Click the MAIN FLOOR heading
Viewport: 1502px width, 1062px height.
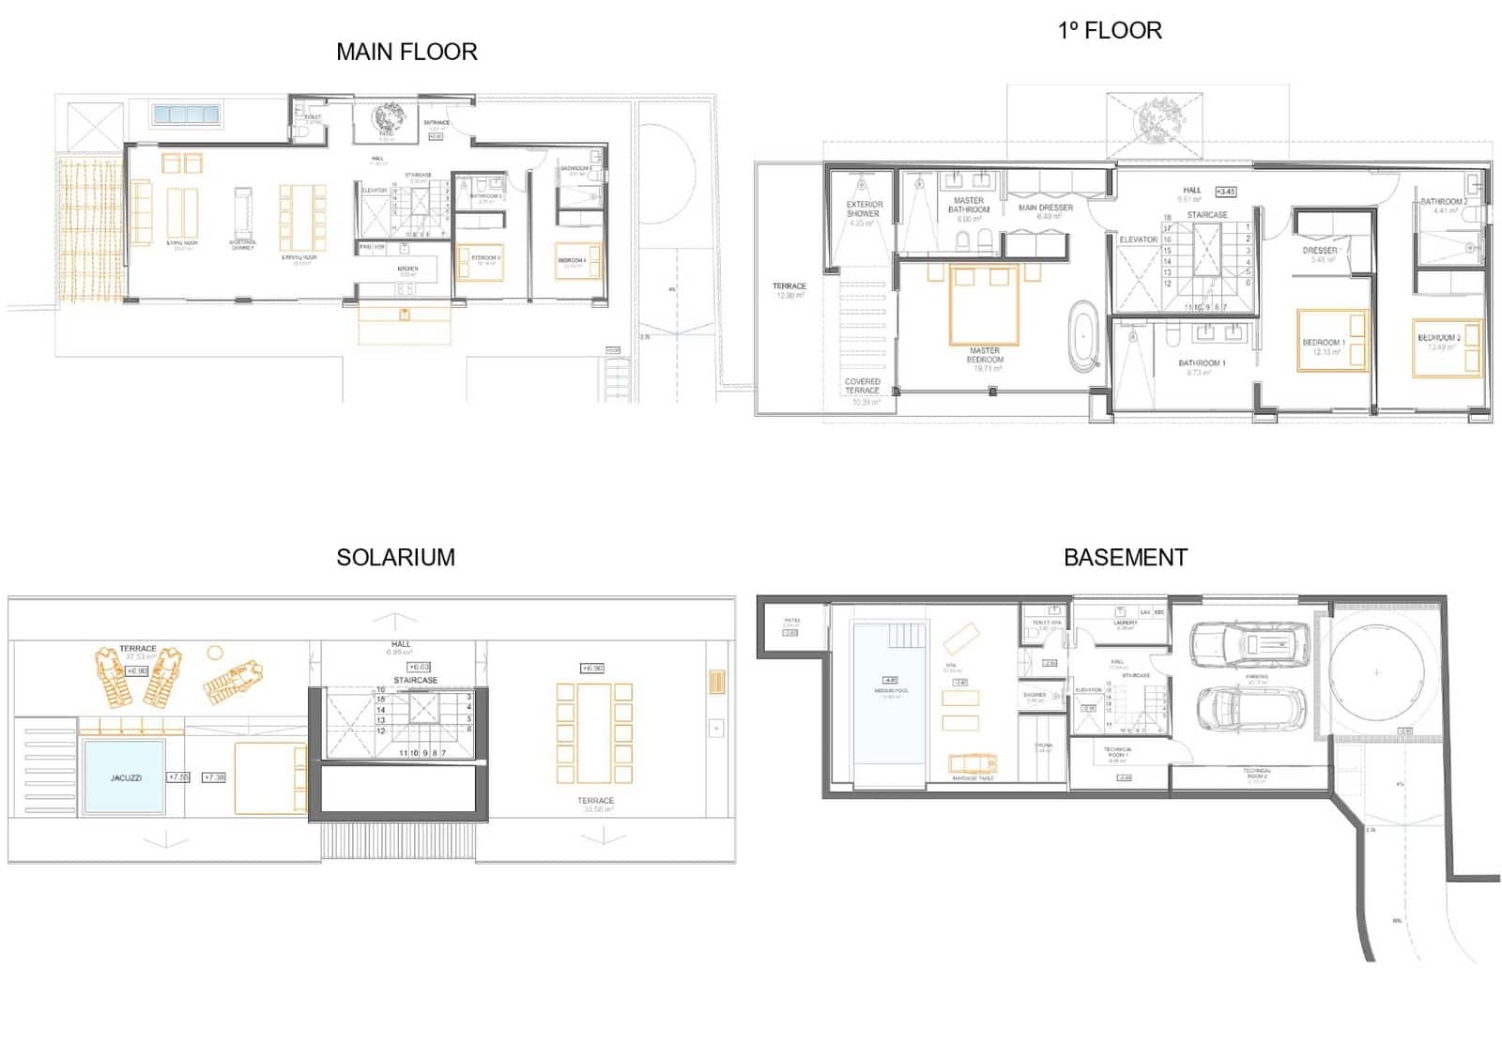pos(406,52)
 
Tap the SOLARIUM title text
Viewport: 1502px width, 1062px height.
pos(395,557)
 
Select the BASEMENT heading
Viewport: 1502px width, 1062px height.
pos(1125,557)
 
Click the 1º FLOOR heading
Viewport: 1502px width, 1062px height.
pos(1110,31)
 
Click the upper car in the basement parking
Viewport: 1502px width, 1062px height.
pos(1249,645)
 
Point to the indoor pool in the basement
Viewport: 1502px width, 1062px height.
pos(889,695)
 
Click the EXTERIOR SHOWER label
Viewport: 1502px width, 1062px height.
pos(864,208)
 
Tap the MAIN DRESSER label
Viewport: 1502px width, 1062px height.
pos(1045,208)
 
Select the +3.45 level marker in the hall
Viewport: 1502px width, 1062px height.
pos(1225,192)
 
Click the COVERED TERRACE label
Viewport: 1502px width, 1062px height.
pos(862,385)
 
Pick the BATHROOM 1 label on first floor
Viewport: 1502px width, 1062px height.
pos(1202,362)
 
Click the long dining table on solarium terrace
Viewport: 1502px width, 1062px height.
pos(594,733)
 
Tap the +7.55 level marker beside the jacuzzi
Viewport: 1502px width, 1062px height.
pos(177,777)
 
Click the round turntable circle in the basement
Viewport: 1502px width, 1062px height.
pos(1376,672)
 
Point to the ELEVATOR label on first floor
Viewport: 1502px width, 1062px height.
pos(1138,239)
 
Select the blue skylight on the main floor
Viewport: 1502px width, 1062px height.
pos(186,115)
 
